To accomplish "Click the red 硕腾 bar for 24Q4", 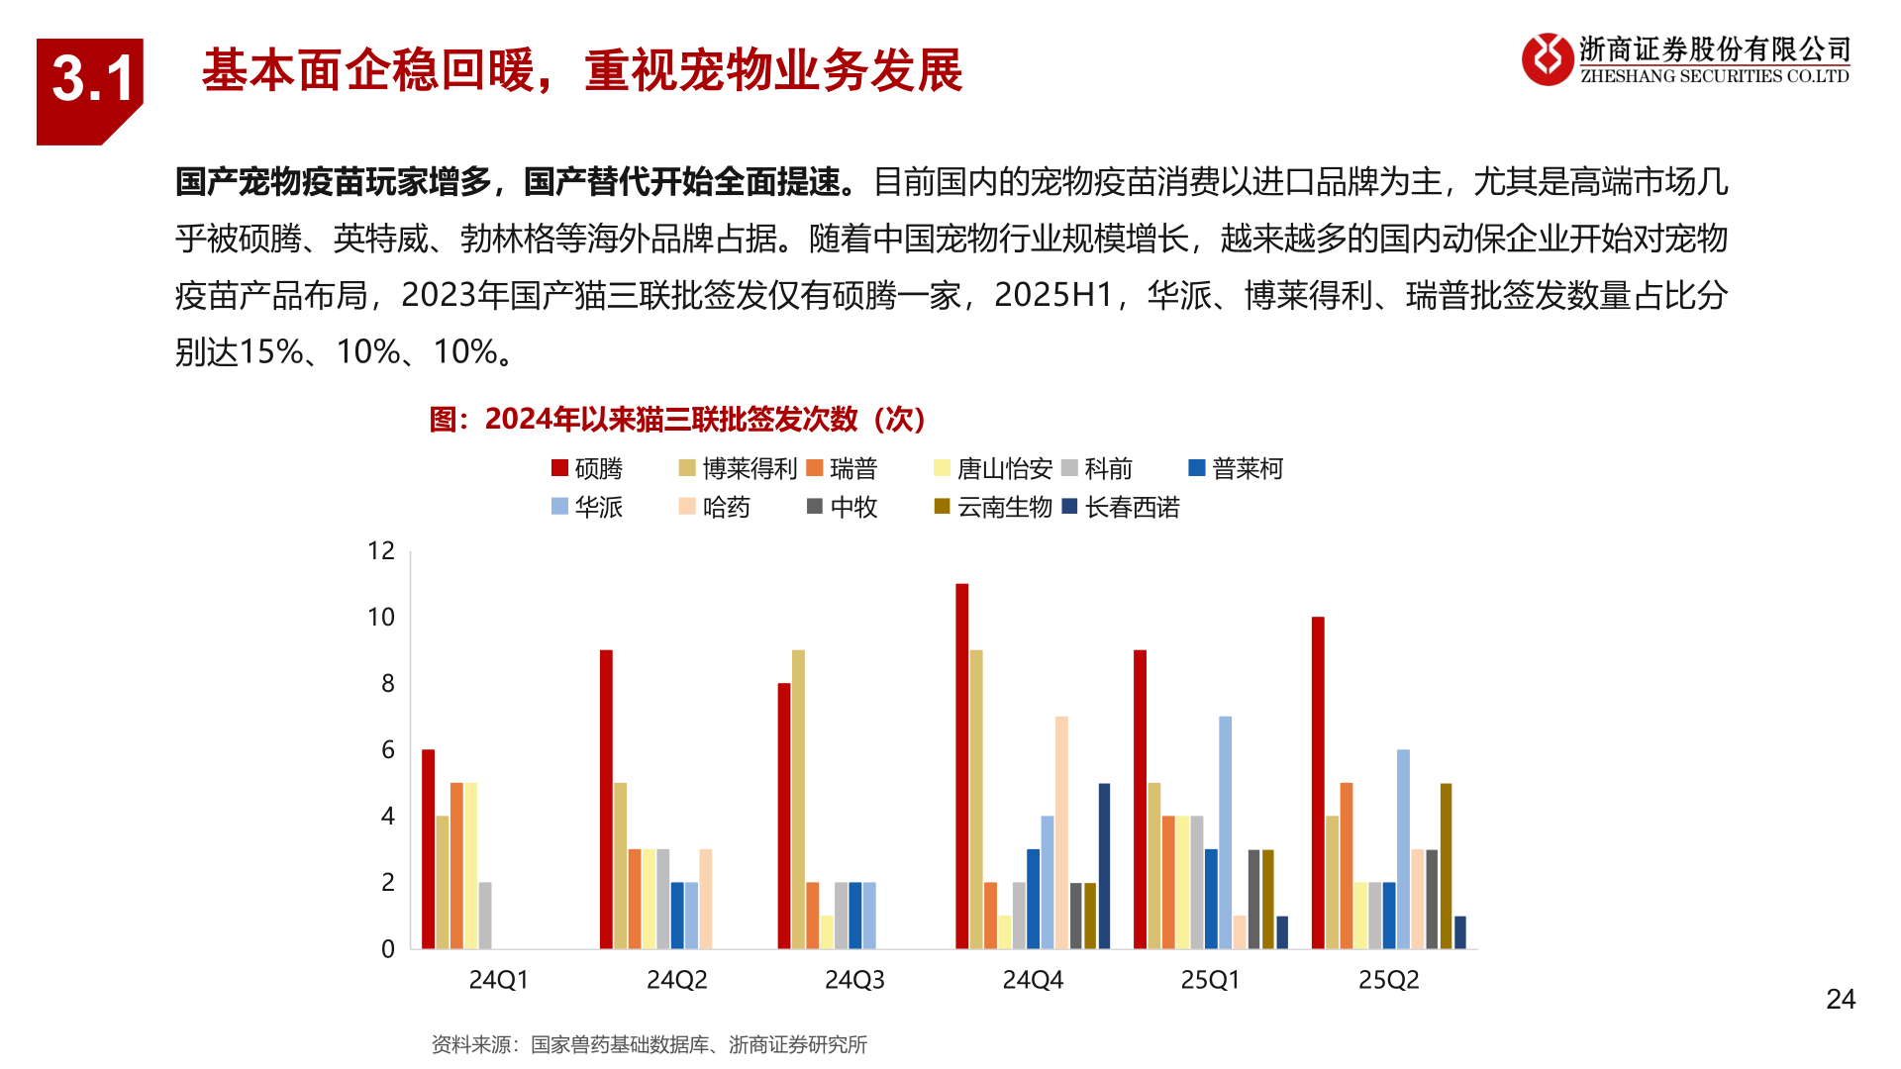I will coord(961,766).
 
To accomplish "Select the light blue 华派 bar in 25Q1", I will coord(1225,832).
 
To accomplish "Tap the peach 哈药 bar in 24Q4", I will coord(1061,832).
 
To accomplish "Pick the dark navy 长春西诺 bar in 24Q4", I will coord(1104,866).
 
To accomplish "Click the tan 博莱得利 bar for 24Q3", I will coord(798,800).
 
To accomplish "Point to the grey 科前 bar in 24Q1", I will coord(485,916).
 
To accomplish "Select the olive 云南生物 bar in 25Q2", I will coord(1446,866).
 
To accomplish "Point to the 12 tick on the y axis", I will coord(381,551).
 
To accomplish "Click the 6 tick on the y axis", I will coord(388,750).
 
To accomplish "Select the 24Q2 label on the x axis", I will coord(677,980).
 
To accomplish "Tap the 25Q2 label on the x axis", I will coord(1388,980).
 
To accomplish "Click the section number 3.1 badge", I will coord(90,83).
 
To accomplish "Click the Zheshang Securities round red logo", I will coord(1547,59).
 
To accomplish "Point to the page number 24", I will coord(1841,1000).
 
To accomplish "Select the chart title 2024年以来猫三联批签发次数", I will coord(677,420).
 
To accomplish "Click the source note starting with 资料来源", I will coord(650,1045).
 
